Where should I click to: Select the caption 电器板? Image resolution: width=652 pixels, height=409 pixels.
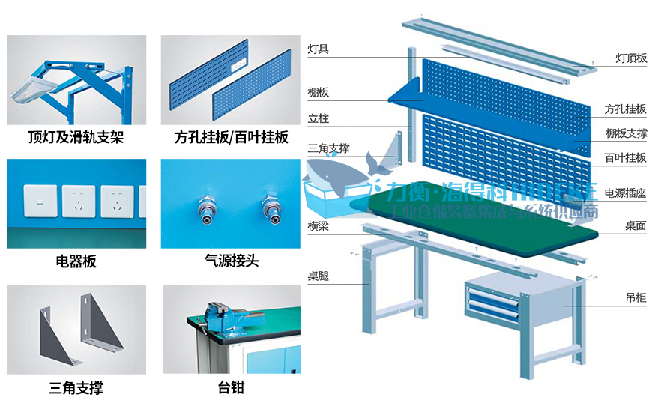point(76,261)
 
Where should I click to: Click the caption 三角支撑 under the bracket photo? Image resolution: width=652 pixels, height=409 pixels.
point(76,387)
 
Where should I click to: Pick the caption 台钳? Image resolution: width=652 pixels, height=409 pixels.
point(231,387)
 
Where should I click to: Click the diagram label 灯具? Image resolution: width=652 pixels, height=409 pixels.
point(318,49)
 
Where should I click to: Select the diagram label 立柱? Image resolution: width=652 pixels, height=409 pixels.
point(318,118)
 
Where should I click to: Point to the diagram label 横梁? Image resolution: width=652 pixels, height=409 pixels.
point(318,225)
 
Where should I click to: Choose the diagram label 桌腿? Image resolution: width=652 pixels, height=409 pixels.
point(318,276)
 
